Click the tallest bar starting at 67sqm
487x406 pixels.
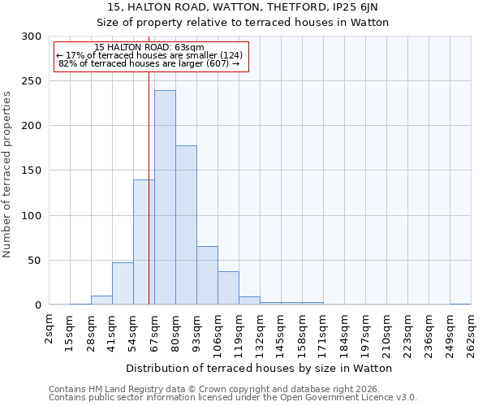click(x=165, y=197)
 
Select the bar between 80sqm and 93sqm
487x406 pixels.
click(x=186, y=225)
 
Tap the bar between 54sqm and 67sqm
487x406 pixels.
click(x=144, y=242)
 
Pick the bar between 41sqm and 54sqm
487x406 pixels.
click(x=123, y=283)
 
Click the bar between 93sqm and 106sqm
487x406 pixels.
click(x=207, y=275)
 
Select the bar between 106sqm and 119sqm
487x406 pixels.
click(x=228, y=288)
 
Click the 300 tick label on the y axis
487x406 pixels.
click(x=32, y=37)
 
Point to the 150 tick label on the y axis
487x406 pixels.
click(x=32, y=171)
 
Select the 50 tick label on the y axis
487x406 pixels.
click(x=35, y=261)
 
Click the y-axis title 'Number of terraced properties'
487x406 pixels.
click(x=7, y=175)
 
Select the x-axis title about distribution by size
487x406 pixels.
click(x=259, y=368)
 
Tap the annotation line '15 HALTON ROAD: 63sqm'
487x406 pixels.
click(x=149, y=47)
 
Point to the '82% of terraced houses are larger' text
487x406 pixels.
click(x=149, y=63)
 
